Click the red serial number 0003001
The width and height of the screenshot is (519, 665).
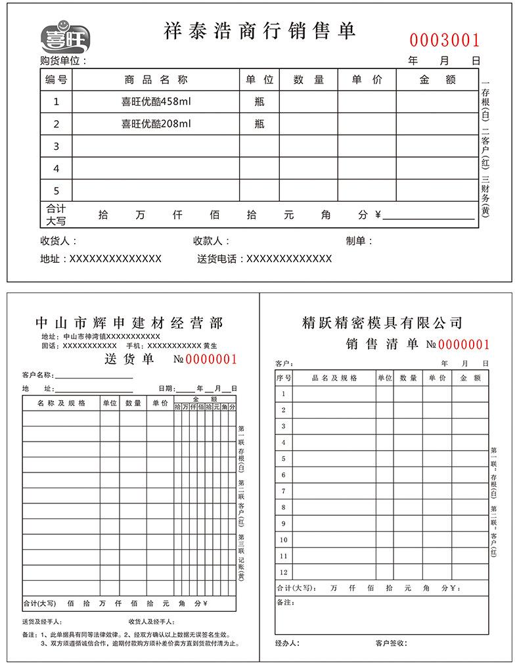pos(445,41)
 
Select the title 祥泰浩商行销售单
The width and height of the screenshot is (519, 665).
pos(259,30)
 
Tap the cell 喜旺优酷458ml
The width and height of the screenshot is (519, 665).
pos(156,101)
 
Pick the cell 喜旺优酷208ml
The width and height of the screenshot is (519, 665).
pos(156,124)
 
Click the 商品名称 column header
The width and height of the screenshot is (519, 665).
pos(156,80)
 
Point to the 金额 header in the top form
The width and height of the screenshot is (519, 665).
pos(437,80)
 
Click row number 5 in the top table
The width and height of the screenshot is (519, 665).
pos(56,191)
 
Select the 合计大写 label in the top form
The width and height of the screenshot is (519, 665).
pos(56,215)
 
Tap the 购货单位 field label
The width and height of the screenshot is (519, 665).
pos(63,61)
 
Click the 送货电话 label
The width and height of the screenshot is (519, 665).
pos(219,259)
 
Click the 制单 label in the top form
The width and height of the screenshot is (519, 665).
pos(359,241)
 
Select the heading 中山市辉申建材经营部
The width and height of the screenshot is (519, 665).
pos(129,323)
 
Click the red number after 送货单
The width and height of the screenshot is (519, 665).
pos(211,359)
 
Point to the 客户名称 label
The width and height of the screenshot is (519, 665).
pos(37,375)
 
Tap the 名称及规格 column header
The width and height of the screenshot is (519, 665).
pos(61,403)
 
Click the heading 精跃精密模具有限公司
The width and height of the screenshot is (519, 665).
pos(382,323)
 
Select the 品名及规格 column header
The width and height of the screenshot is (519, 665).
pos(334,378)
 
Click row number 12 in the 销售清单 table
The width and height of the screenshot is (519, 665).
pos(284,572)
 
